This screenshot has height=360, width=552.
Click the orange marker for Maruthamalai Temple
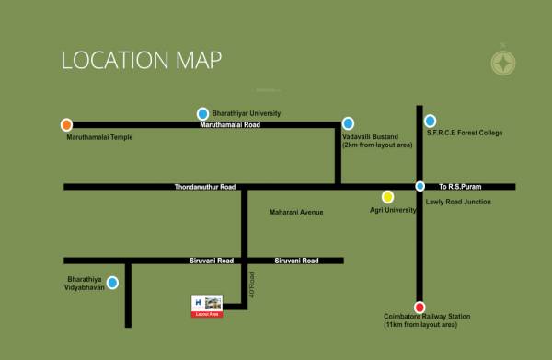point(66,124)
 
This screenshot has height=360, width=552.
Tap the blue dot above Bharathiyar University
point(202,113)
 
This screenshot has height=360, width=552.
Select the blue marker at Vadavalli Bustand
point(348,123)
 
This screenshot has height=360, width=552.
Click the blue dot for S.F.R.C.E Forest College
point(430,121)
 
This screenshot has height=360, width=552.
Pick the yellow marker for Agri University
point(387,196)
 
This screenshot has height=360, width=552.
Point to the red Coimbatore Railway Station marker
point(420,308)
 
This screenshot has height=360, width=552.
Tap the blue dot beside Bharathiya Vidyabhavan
point(112,283)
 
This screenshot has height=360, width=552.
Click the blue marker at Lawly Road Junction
point(420,187)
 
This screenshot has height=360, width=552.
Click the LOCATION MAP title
point(141,61)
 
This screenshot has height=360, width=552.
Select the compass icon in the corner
point(502,64)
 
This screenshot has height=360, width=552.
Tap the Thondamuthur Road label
point(205,187)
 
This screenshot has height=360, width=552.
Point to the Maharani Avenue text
point(296,213)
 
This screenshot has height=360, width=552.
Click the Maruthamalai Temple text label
point(99,138)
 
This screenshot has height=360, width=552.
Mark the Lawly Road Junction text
point(457,202)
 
